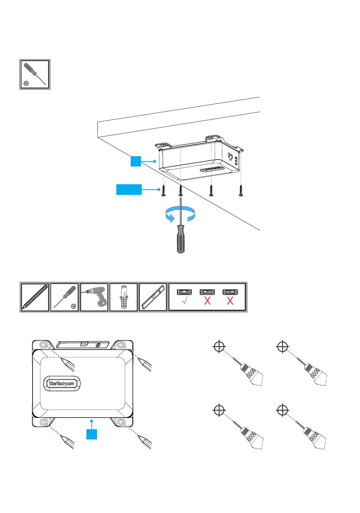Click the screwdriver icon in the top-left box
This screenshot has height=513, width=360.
pos(35,74)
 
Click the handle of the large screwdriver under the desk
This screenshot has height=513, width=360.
pos(181,239)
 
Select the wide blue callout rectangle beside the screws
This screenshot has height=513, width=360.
pos(129,190)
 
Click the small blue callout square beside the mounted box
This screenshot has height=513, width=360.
pos(136,161)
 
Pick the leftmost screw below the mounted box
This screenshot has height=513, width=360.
pos(163,191)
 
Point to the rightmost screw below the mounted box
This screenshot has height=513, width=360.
pos(241,191)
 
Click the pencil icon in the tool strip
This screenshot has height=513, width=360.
pos(35,297)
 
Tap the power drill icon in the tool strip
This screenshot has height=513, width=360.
pos(94,297)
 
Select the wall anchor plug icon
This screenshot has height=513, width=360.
pos(124,297)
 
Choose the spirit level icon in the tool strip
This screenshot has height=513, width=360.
pos(153,297)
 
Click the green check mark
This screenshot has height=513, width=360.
pos(185,300)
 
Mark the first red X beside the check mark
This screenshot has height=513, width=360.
pos(207,300)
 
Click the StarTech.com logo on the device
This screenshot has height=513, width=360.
pos(61,383)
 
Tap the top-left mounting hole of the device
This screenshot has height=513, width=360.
pos(44,345)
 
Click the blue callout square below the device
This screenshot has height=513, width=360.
pos(92,434)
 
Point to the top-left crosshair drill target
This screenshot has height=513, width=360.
pos(219,347)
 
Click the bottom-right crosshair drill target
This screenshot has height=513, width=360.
pos(283,410)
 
